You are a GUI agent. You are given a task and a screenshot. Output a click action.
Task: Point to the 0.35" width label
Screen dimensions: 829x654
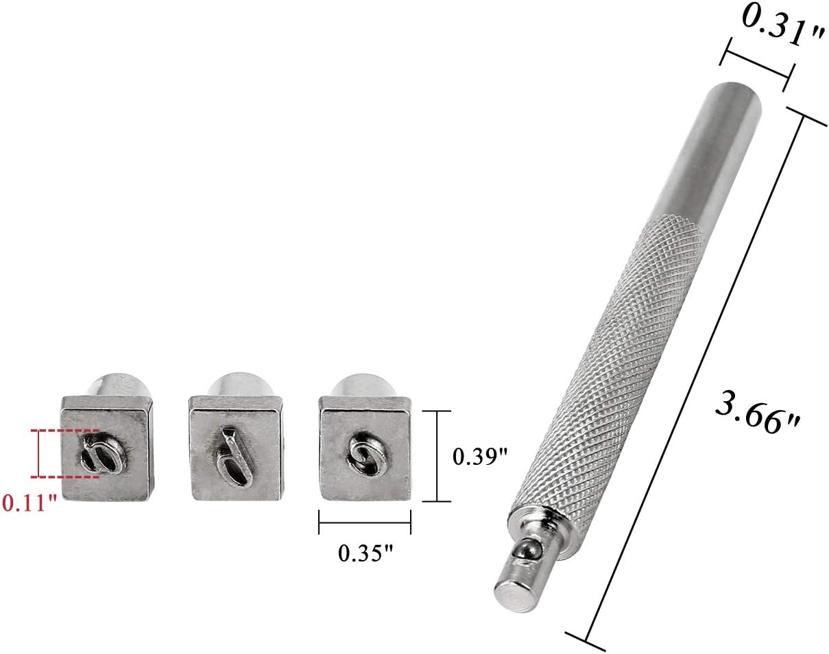(x=365, y=554)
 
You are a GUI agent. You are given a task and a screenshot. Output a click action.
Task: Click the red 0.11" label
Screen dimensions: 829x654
(x=29, y=503)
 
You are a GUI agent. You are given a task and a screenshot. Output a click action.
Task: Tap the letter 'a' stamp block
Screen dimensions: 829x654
(x=108, y=450)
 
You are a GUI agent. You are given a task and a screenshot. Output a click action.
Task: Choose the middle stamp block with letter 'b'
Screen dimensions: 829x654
(x=237, y=449)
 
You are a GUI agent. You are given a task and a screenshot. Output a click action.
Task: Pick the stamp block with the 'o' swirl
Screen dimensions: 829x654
(x=365, y=450)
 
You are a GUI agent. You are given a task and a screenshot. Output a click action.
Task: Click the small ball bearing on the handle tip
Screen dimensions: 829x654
(x=527, y=550)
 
